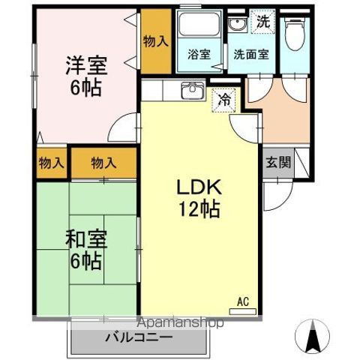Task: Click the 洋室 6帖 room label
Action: [x=85, y=75]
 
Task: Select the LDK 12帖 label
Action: [x=198, y=198]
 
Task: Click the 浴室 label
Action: [x=199, y=54]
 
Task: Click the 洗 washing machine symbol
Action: [x=262, y=22]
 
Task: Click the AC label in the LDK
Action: [x=242, y=302]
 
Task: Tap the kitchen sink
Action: [x=193, y=90]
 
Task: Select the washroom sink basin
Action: [x=238, y=25]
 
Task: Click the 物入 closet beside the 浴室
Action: [x=155, y=42]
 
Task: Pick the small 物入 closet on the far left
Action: [x=51, y=162]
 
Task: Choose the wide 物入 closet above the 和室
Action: [x=103, y=162]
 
